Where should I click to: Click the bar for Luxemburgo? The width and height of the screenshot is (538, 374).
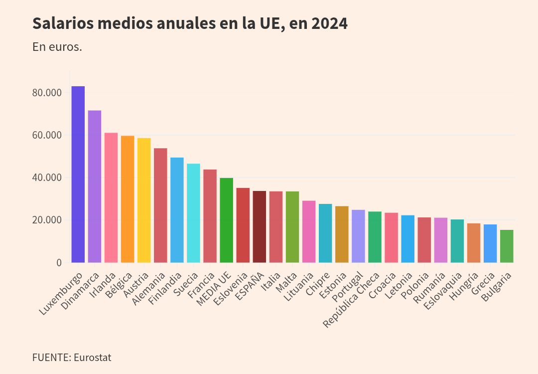coord(78,175)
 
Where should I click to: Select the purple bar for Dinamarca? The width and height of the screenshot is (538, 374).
coord(95,187)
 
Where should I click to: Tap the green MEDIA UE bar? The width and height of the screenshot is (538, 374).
coord(226,220)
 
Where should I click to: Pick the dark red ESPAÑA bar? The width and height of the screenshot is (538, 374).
coord(259,226)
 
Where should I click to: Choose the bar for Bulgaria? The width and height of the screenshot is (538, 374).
coord(507,246)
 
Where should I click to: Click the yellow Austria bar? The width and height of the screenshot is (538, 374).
coord(144,200)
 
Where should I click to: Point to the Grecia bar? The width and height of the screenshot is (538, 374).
coord(490,243)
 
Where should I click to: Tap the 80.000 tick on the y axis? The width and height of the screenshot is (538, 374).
coord(46,93)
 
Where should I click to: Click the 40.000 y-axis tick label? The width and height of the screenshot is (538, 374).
coord(46,178)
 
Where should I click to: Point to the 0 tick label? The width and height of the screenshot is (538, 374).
coord(59,263)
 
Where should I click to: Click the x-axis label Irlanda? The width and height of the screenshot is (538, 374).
coord(104,284)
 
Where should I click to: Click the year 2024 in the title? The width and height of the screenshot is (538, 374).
coord(329,23)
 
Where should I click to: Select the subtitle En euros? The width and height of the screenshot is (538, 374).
coord(57,47)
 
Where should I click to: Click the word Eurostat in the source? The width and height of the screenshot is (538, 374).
coord(92,358)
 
